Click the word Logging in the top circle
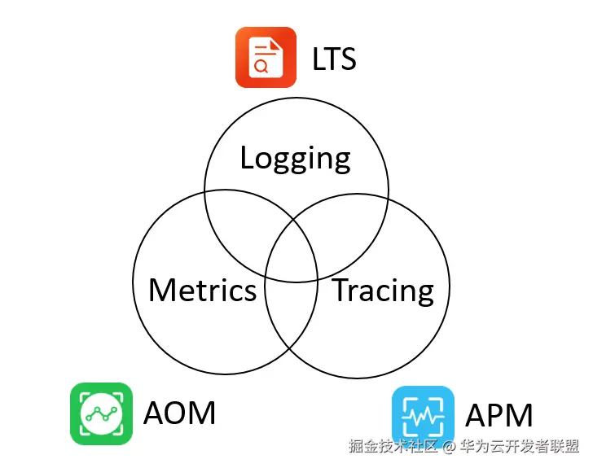pyautogui.click(x=295, y=158)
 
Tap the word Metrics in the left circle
pyautogui.click(x=202, y=290)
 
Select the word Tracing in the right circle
pyautogui.click(x=383, y=290)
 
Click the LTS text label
pyautogui.click(x=334, y=58)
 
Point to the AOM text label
pyautogui.click(x=179, y=413)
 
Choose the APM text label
pyautogui.click(x=499, y=416)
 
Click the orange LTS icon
pyautogui.click(x=265, y=57)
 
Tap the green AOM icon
pyautogui.click(x=101, y=413)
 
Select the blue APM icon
pyautogui.click(x=423, y=415)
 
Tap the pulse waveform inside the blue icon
pyautogui.click(x=423, y=416)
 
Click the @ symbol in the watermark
pyautogui.click(x=448, y=446)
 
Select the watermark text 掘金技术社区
pyautogui.click(x=393, y=446)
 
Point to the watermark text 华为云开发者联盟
pyautogui.click(x=519, y=446)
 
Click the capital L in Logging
pyautogui.click(x=248, y=157)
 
